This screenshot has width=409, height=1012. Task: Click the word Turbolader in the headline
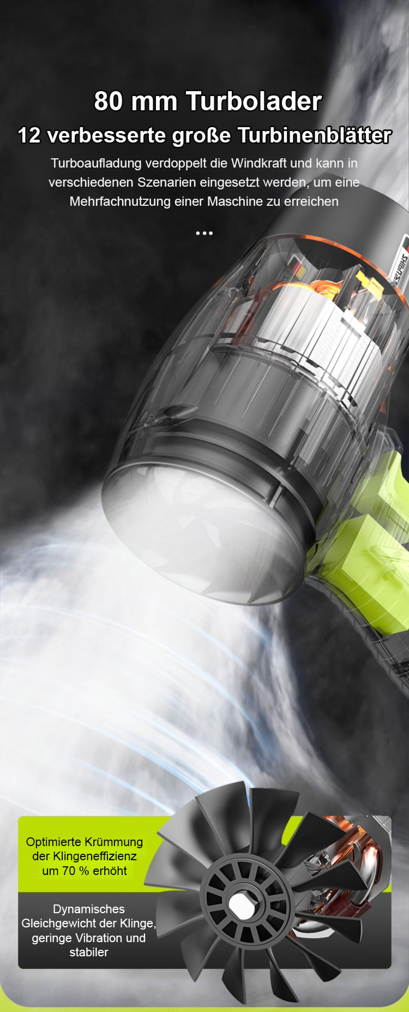click(x=254, y=102)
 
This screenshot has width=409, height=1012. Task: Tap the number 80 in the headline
click(x=109, y=102)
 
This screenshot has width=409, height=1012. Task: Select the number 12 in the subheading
click(x=29, y=135)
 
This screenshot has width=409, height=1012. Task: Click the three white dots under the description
click(x=204, y=233)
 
